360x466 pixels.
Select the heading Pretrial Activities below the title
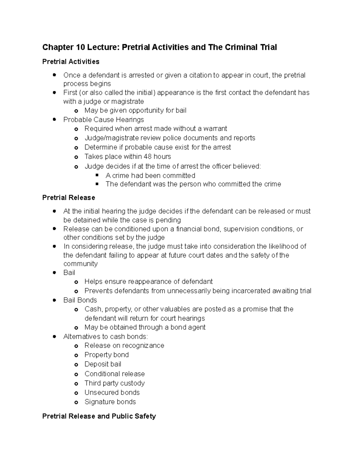(71, 62)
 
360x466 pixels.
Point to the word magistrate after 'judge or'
(127, 101)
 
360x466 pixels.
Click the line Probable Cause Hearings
(103, 120)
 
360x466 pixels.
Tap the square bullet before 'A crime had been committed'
(97, 175)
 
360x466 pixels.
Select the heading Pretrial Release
(69, 198)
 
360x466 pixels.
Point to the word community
(80, 264)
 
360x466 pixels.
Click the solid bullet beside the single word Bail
(54, 273)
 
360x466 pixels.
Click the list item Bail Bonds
(80, 300)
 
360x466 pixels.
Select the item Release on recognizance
(124, 346)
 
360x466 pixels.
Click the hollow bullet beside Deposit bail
(76, 365)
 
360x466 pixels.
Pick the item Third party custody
(115, 383)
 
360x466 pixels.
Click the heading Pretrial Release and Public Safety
(99, 416)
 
